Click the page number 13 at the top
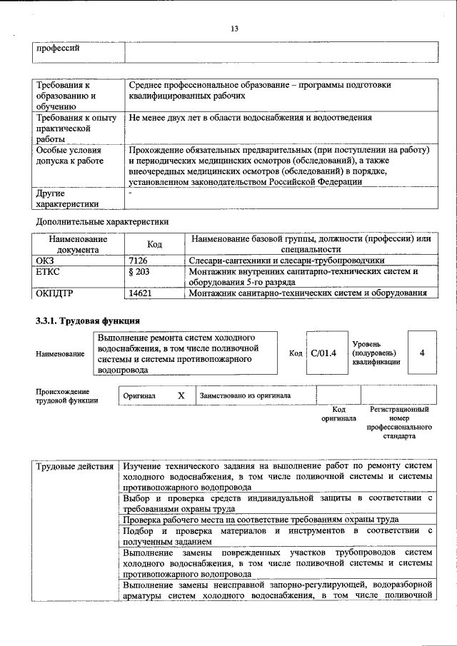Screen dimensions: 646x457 (233, 29)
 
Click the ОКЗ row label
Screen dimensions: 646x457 (45, 261)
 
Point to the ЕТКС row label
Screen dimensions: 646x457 (48, 272)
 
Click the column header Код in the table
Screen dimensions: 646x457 (154, 244)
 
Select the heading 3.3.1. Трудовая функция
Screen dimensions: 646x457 (87, 320)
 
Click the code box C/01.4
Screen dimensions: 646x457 (324, 353)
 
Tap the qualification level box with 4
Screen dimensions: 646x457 (423, 353)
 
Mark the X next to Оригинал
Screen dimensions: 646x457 (181, 395)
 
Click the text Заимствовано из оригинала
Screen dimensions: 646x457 (245, 395)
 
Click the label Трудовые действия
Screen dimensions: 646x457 (75, 466)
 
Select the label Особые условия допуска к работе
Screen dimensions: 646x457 (69, 156)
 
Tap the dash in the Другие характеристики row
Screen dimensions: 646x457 (130, 193)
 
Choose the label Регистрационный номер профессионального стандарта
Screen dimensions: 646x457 (398, 423)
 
